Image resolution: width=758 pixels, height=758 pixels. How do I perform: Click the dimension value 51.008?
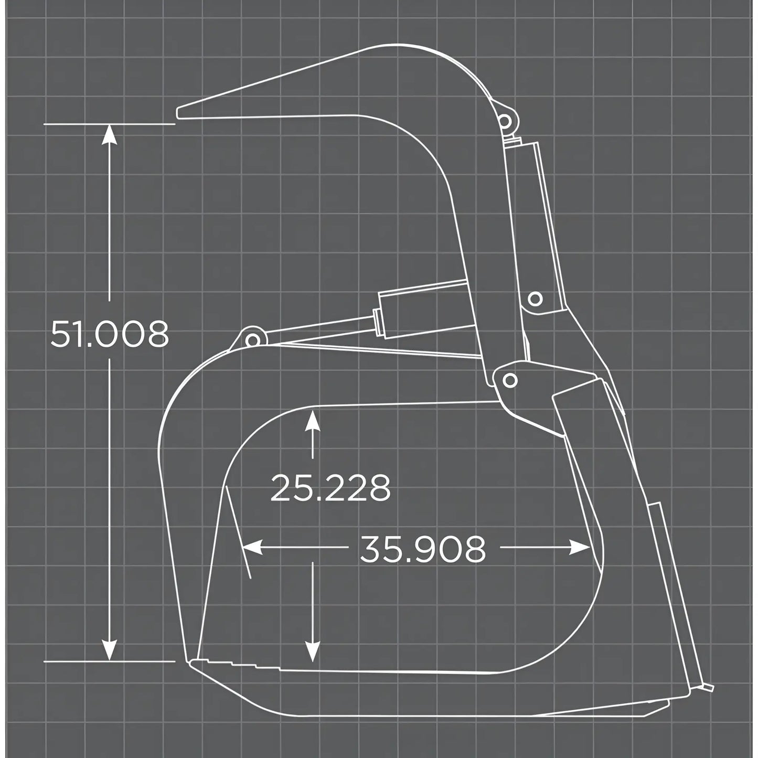(110, 334)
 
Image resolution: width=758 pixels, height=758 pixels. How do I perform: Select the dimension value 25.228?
(330, 488)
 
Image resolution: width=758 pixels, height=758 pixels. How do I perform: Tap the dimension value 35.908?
(423, 549)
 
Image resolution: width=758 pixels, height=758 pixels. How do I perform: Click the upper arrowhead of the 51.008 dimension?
(109, 133)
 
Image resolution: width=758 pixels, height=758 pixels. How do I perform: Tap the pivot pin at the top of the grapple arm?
(505, 121)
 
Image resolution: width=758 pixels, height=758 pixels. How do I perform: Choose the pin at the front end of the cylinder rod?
(252, 340)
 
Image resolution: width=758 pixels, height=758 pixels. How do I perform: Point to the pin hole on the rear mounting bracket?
(535, 299)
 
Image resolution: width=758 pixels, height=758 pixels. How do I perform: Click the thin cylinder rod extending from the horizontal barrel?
(315, 326)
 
